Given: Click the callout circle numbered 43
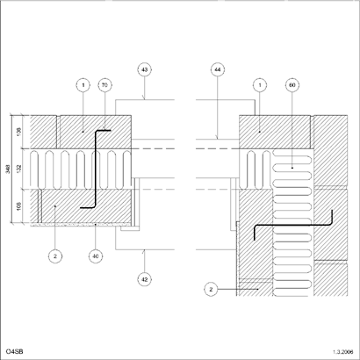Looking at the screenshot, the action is [144, 69].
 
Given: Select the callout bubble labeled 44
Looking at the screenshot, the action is [218, 69].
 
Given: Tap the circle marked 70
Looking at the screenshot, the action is [104, 85].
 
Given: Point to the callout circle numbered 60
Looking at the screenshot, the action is [292, 85].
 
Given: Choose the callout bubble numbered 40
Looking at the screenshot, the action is [96, 256].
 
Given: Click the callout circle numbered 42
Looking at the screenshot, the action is [144, 279].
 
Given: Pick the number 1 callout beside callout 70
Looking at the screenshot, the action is [83, 85].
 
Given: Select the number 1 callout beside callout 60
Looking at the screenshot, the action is [260, 85].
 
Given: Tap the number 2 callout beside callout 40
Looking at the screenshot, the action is [55, 256].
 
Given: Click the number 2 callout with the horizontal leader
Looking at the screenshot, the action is [211, 290].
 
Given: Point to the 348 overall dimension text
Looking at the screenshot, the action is [8, 169].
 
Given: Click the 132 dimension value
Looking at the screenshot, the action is [19, 169].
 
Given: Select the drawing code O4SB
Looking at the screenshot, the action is [15, 351].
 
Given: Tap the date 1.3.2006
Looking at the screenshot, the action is [343, 351].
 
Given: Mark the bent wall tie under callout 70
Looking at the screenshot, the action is [96, 169].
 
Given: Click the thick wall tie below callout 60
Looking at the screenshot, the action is [292, 225].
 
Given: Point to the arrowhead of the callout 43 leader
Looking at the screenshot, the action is [144, 97].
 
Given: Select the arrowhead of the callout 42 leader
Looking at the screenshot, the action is [144, 252].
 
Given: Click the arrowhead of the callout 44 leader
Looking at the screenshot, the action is [218, 137].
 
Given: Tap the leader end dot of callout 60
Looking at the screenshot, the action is [292, 168].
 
